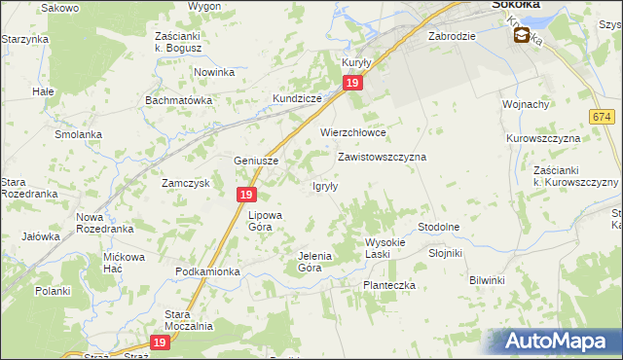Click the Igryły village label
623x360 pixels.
coord(324,186)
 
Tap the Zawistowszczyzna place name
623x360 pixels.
coord(382,156)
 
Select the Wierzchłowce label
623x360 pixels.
coord(353,132)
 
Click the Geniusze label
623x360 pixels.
coord(257,161)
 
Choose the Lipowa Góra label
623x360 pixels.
coord(265,220)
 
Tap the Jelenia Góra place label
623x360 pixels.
coord(314,261)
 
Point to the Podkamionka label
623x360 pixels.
coord(207,271)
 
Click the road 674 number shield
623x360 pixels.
coord(602,117)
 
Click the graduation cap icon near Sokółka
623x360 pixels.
coord(523,36)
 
